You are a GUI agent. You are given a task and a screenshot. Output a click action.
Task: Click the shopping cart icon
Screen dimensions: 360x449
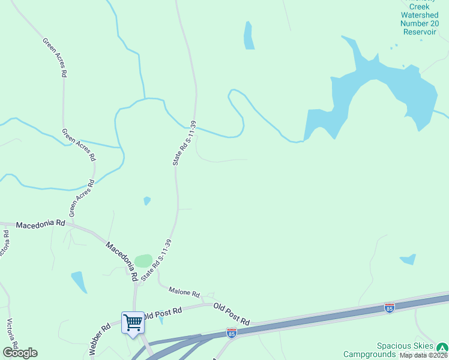[x=133, y=322]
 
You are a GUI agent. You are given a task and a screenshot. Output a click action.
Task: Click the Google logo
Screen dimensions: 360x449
[x=20, y=353]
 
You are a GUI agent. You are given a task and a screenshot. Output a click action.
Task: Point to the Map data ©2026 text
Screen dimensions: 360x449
[x=423, y=355]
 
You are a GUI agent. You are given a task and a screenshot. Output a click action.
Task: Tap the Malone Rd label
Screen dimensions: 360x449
[x=184, y=292]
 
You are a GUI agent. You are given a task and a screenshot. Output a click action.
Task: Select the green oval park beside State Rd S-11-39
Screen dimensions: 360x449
[x=143, y=261]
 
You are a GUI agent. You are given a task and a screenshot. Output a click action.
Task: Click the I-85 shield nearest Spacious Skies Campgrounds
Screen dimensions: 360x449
[x=390, y=308]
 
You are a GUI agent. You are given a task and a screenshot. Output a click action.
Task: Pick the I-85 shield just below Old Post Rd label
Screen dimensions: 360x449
[x=232, y=332]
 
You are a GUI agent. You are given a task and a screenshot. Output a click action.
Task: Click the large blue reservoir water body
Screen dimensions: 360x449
[x=378, y=90]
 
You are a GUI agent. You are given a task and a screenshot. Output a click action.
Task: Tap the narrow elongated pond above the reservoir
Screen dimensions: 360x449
[x=249, y=36]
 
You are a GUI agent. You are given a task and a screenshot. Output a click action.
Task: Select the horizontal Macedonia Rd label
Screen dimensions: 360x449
[x=40, y=224]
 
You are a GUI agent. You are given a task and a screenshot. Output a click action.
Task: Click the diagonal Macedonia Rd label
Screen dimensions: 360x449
[x=122, y=261]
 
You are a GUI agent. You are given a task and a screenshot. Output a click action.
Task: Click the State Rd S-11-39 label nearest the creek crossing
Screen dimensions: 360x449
[x=184, y=143]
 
